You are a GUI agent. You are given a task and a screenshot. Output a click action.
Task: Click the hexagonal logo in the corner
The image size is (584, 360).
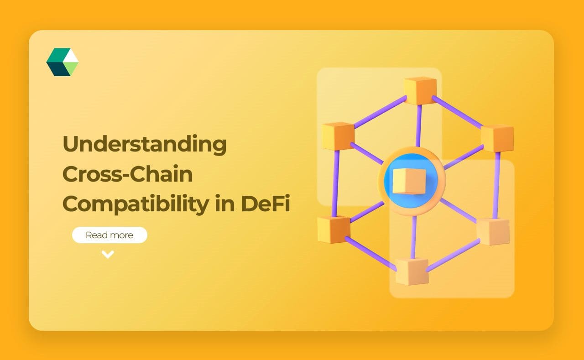coord(63,62)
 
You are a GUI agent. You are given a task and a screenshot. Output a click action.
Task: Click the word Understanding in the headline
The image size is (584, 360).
coord(144,145)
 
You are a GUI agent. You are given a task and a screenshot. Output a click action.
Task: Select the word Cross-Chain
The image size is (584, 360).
coord(127,174)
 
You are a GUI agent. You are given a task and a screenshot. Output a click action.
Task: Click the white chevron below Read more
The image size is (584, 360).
coord(108,255)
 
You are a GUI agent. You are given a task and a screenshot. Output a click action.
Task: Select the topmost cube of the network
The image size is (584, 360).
coord(420,90)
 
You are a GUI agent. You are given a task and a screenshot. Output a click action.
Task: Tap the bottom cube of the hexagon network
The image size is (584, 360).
coord(412,271)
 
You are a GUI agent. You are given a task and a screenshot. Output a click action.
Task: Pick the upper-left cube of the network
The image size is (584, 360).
coord(338,136)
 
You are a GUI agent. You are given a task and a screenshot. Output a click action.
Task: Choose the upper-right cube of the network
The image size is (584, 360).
coord(497,137)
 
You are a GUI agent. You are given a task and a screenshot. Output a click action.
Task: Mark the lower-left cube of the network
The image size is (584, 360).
coord(334,229)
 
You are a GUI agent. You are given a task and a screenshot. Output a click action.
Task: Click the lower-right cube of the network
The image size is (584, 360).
coord(493,231)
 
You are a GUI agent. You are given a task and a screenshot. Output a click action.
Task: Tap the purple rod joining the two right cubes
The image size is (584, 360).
coord(496,185)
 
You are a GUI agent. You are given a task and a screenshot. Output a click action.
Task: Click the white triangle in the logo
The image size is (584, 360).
coord(71,55)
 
